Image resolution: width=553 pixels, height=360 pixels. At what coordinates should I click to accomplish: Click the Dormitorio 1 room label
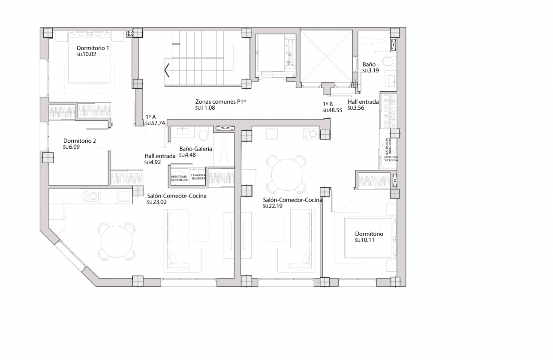tap(93, 48)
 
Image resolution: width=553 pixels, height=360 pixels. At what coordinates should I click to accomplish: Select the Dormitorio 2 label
tap(79, 141)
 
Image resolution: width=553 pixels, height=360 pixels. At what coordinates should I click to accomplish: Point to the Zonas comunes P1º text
tap(222, 102)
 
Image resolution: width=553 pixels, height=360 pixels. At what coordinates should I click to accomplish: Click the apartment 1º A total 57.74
tap(155, 123)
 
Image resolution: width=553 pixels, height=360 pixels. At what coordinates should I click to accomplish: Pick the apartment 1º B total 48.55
tap(332, 110)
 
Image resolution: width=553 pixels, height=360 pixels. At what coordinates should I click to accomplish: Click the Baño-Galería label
tap(195, 149)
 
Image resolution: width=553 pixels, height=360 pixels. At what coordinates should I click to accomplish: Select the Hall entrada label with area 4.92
tap(160, 156)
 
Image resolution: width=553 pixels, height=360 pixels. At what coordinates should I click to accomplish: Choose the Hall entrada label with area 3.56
tap(363, 102)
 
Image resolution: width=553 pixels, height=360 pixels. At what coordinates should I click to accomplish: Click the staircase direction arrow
tap(166, 70)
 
